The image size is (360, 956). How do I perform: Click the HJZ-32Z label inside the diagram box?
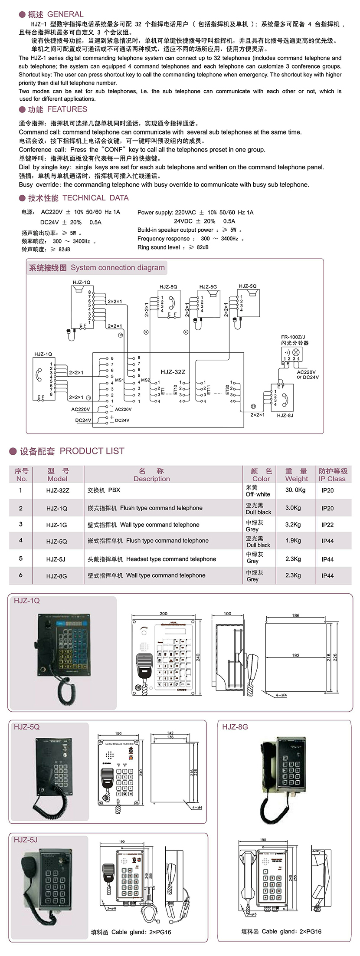173,372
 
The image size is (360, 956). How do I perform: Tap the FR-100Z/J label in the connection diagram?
293,337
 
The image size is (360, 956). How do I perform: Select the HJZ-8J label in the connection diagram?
285,415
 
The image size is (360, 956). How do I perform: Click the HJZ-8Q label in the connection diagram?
168,287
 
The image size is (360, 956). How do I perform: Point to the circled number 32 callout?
253,407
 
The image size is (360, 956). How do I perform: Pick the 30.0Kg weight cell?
295,490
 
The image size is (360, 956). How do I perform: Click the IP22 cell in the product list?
327,525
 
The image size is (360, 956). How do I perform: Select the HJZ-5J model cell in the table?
56,559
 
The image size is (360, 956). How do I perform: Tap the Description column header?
151,475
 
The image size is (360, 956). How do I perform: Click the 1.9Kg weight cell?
293,541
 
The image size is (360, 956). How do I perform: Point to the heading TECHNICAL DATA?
95,198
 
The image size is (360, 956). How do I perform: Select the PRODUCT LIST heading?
92,451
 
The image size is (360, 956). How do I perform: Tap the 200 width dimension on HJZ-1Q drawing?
164,614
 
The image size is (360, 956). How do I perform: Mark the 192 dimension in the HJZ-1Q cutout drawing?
295,655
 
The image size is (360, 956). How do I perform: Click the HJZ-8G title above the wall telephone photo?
235,727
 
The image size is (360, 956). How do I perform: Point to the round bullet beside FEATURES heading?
22,109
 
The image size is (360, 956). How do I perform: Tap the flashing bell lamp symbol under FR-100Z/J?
296,352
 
